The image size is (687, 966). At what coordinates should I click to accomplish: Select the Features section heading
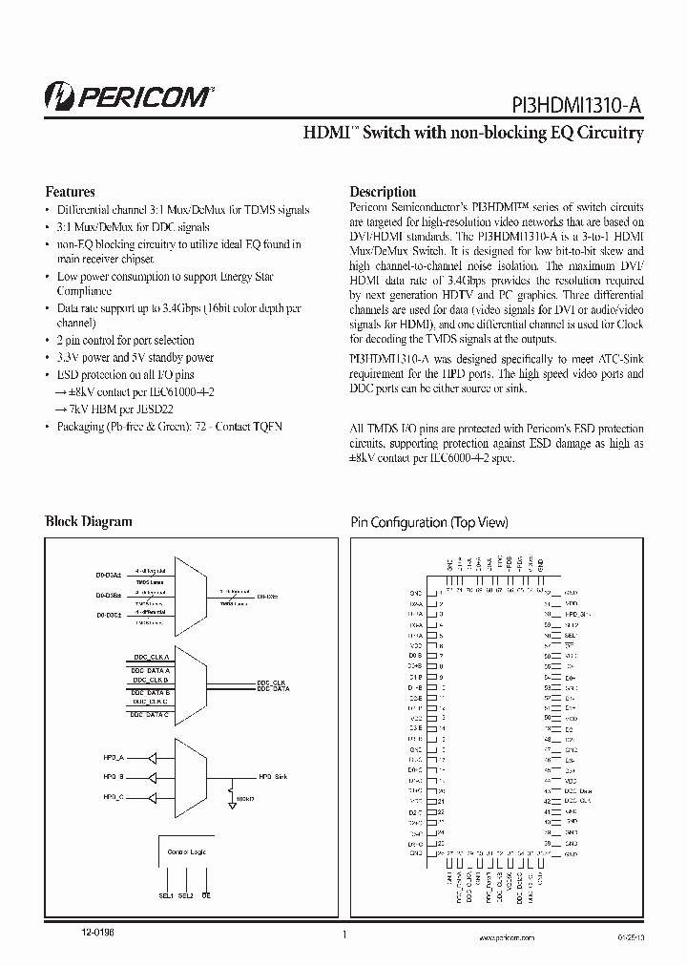71,191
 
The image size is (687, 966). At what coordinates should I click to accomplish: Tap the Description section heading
383,191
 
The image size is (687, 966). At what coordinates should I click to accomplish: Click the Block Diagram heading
89,521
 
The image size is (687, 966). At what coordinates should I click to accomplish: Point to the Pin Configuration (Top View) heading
429,522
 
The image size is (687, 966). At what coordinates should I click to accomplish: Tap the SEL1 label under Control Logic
165,895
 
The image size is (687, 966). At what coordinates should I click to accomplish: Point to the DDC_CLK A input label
150,658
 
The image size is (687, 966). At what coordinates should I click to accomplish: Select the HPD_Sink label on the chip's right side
578,617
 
